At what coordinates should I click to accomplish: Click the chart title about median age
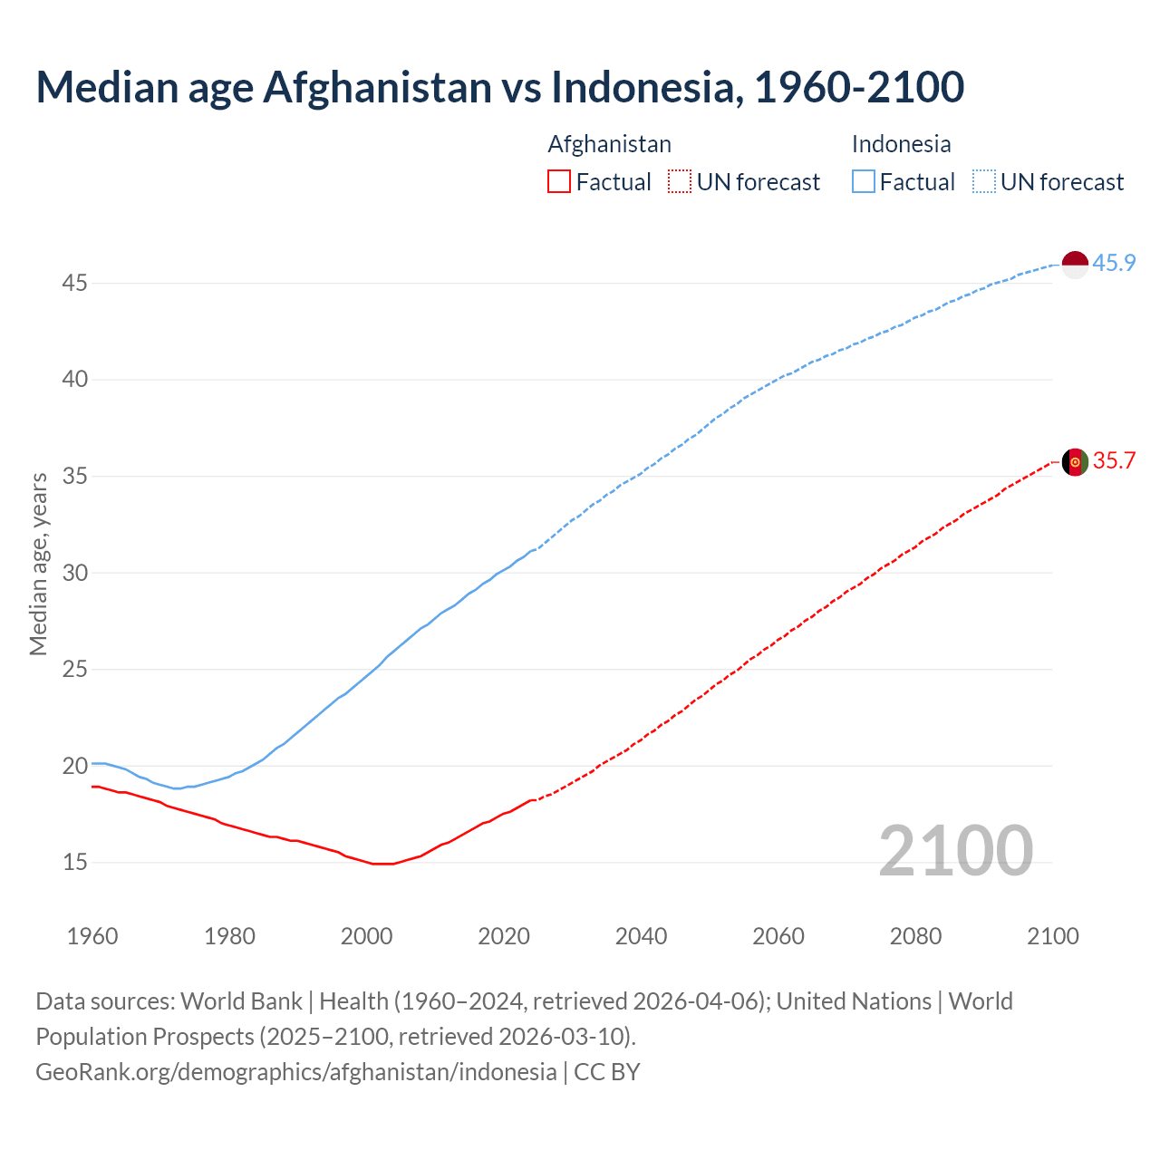(x=499, y=87)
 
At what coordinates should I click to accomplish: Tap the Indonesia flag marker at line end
(x=1075, y=265)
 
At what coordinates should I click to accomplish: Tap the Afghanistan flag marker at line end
(x=1075, y=461)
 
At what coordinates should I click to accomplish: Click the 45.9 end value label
(x=1114, y=263)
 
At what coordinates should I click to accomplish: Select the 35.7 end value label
(x=1114, y=460)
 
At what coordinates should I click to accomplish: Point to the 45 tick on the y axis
(x=74, y=283)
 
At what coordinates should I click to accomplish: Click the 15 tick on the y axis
(x=74, y=862)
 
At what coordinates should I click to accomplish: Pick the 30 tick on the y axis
(x=74, y=573)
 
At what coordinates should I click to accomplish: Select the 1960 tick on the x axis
(x=92, y=936)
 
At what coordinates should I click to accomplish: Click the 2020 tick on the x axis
(x=504, y=936)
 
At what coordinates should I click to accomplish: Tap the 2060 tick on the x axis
(x=778, y=936)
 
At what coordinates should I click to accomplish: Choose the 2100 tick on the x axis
(x=1053, y=936)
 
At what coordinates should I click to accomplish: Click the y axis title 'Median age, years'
(x=38, y=564)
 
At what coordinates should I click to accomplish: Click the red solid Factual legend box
(x=559, y=182)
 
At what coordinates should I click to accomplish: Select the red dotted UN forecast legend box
(x=680, y=182)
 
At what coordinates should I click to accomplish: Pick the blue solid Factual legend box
(x=864, y=182)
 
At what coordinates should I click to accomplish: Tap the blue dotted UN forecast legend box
(x=984, y=182)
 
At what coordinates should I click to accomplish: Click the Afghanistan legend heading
(x=609, y=144)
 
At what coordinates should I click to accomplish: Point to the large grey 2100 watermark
(x=955, y=850)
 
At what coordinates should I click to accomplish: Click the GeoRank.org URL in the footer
(x=295, y=1071)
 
